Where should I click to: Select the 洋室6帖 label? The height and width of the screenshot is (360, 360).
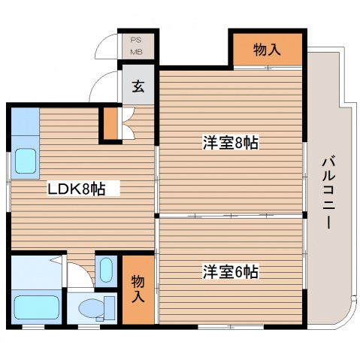[230, 272]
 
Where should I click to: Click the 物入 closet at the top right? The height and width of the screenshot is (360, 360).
[267, 50]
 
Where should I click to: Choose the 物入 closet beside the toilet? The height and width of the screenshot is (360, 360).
[138, 289]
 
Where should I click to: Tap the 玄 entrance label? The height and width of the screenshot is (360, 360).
[138, 86]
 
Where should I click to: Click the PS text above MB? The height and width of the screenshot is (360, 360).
[137, 39]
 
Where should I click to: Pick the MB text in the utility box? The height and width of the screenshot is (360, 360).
[137, 51]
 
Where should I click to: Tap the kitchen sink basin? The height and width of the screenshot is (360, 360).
[26, 161]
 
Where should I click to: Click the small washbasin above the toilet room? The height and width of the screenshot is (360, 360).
[105, 268]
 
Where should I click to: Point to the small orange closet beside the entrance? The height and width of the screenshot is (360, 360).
[111, 124]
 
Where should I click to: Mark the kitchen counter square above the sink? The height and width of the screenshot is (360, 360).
[25, 121]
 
